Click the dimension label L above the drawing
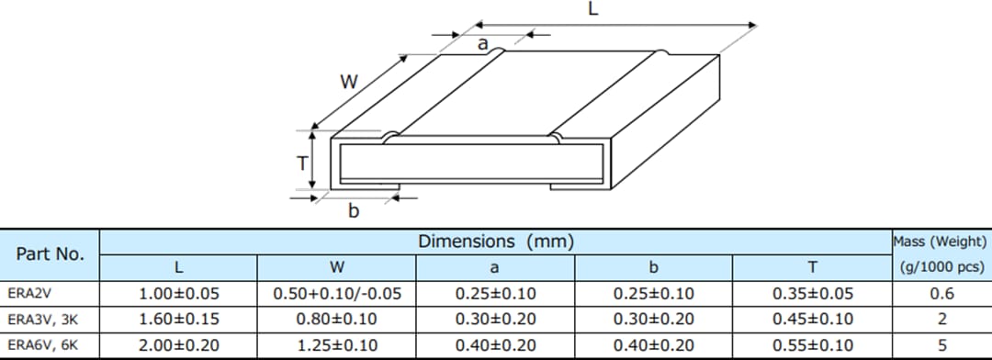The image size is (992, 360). tap(592, 10)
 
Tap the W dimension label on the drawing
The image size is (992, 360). tap(348, 82)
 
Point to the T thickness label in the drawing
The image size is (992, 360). tap(301, 164)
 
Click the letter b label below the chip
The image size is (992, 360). tap(354, 212)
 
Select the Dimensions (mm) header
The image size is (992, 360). tap(496, 242)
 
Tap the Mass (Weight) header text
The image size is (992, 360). tap(941, 242)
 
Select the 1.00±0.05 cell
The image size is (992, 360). tap(179, 295)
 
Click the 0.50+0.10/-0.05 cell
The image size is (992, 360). tap(337, 295)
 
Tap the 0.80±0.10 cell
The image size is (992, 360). tap(337, 320)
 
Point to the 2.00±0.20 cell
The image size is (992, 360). tap(179, 344)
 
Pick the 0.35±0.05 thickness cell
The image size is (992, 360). tap(813, 295)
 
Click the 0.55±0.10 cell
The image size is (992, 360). tap(813, 344)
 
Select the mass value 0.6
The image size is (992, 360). tap(941, 295)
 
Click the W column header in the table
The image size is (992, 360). tap(337, 268)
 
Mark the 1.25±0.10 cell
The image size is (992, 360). tap(337, 344)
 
